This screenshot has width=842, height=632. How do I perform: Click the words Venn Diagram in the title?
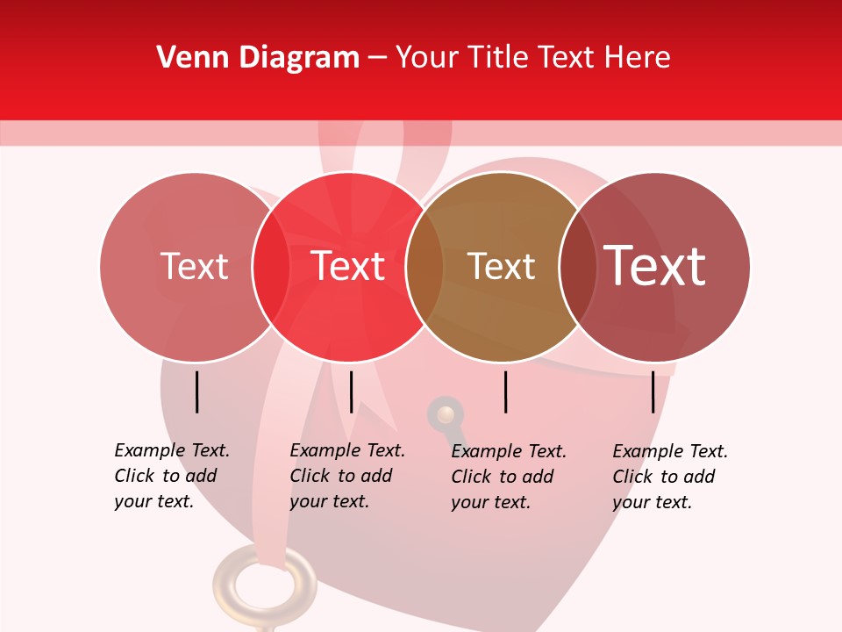pos(258,58)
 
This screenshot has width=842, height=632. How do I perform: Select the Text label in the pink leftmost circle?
pos(194,266)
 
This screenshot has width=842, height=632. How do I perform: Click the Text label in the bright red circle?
pos(348,266)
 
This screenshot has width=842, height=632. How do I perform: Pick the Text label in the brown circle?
pos(501,266)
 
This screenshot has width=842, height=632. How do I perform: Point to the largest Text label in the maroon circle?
pos(655,266)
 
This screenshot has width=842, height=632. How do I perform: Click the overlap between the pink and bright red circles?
pos(271,266)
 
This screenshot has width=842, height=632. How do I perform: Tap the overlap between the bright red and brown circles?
pos(425,266)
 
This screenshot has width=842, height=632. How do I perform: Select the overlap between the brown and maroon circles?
pos(578,266)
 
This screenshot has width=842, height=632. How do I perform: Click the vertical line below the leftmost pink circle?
pos(197,391)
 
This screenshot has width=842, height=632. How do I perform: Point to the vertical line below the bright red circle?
pos(351,391)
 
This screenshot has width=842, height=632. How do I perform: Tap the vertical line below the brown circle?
pos(505,391)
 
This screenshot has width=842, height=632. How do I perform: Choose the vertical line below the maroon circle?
pos(653,391)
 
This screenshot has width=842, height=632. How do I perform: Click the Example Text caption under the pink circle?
pos(171,476)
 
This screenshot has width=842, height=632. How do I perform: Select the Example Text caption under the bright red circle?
pos(346,476)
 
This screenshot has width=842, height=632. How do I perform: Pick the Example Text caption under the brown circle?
pos(508,477)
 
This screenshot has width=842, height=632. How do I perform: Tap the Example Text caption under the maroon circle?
pos(669,477)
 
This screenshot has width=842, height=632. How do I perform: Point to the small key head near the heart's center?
pos(446,414)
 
